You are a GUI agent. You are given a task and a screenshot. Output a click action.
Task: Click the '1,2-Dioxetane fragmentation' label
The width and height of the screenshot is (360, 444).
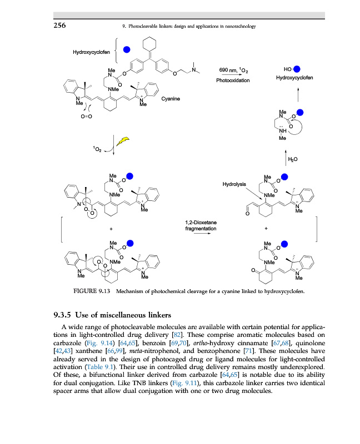[201, 226]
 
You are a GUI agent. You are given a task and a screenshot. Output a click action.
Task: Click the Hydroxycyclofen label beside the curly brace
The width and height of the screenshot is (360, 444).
[92, 52]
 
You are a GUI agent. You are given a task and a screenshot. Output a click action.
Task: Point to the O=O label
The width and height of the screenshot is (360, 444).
[87, 117]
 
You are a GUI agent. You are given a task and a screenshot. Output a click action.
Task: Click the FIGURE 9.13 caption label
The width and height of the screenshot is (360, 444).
[89, 290]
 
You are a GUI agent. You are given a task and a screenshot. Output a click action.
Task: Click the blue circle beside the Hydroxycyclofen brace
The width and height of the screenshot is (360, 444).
[127, 50]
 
